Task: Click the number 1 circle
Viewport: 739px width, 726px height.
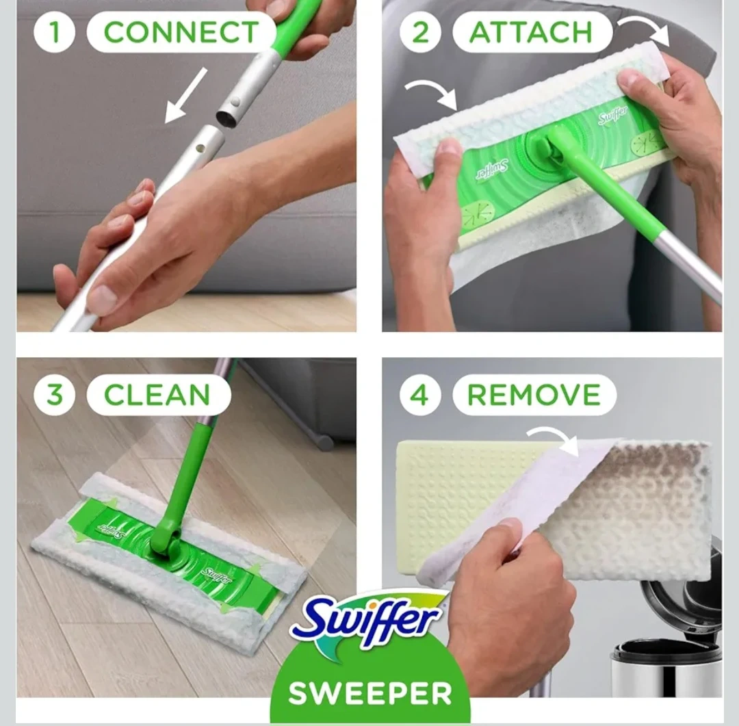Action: [54, 31]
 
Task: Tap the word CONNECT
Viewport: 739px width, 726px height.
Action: [181, 32]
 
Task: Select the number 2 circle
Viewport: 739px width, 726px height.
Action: [420, 31]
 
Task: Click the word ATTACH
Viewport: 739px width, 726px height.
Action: [531, 32]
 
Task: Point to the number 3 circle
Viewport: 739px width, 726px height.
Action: [54, 395]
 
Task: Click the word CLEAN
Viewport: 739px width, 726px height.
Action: [157, 395]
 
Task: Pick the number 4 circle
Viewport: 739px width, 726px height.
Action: [420, 395]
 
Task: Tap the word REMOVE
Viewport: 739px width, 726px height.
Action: [534, 395]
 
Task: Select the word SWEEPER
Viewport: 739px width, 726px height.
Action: [370, 693]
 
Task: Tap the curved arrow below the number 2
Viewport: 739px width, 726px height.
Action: [431, 92]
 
